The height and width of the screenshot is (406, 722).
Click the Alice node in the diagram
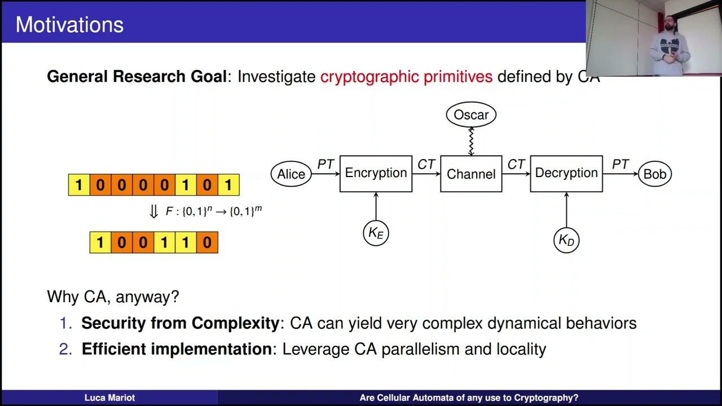tap(291, 174)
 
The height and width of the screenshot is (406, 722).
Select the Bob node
tap(654, 174)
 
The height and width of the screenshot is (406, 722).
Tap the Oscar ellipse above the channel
tap(471, 115)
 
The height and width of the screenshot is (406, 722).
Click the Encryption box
tap(376, 174)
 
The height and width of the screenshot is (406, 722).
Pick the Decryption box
tap(566, 174)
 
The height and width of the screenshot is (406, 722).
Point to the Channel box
tap(471, 174)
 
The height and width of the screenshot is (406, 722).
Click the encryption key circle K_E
tap(376, 233)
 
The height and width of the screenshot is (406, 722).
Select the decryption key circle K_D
tap(566, 240)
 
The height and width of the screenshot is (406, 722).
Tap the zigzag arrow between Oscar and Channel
tap(471, 141)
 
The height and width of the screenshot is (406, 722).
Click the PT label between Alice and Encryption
tap(325, 164)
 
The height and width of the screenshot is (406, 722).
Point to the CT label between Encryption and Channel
tap(426, 164)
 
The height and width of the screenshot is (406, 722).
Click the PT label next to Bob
tap(620, 164)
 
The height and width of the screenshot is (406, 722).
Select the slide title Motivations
tap(69, 25)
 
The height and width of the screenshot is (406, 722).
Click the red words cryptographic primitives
tap(406, 77)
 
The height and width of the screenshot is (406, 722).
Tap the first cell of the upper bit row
tap(78, 185)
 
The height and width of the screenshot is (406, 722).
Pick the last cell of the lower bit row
tap(207, 242)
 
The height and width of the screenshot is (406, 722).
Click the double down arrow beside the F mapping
tap(153, 212)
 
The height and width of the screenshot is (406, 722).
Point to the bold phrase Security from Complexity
tap(180, 323)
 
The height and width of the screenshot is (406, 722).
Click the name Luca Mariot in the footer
tap(109, 398)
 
